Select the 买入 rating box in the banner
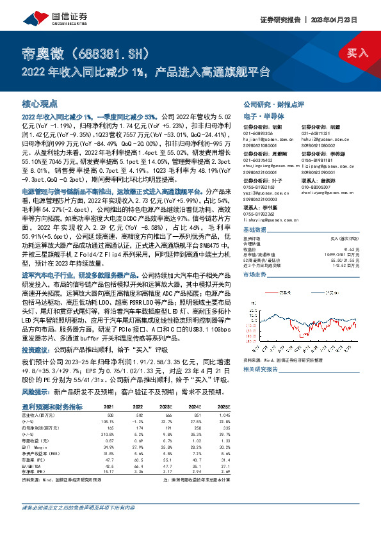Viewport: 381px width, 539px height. click(359, 53)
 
